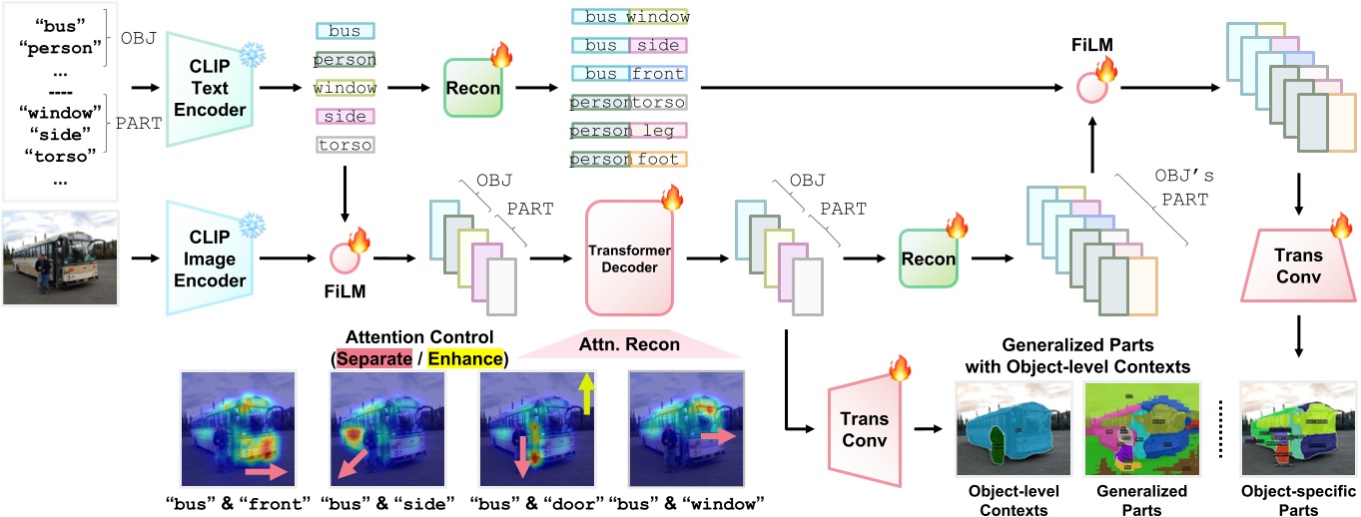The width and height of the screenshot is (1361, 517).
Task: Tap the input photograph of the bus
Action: [x=61, y=258]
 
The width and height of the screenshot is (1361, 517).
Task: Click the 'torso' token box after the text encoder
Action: [x=344, y=145]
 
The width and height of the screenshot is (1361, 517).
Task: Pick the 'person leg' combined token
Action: [x=629, y=131]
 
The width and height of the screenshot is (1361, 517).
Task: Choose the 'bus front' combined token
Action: [x=629, y=74]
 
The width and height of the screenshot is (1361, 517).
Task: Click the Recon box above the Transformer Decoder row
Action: [x=474, y=88]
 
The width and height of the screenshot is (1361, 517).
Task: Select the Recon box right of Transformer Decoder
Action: [x=929, y=259]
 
